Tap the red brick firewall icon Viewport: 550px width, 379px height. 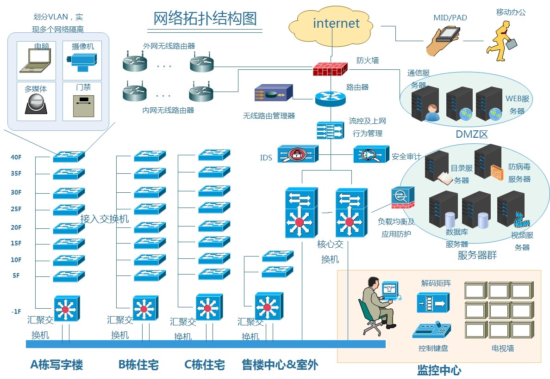[x=329, y=69]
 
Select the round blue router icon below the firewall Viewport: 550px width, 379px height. [x=330, y=98]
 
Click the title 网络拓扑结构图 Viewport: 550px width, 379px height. [x=205, y=18]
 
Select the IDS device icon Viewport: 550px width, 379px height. [x=297, y=154]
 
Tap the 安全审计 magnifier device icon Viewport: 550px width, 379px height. [x=371, y=154]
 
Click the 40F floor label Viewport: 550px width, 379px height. [x=16, y=157]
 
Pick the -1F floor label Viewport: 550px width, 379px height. [x=16, y=312]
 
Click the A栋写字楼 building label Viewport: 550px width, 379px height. [x=56, y=365]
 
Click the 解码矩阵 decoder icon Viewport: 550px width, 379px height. [x=433, y=303]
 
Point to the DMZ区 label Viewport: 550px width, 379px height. [x=472, y=134]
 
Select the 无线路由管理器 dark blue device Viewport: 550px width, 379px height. [x=273, y=93]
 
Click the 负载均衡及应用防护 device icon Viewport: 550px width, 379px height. [x=402, y=198]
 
